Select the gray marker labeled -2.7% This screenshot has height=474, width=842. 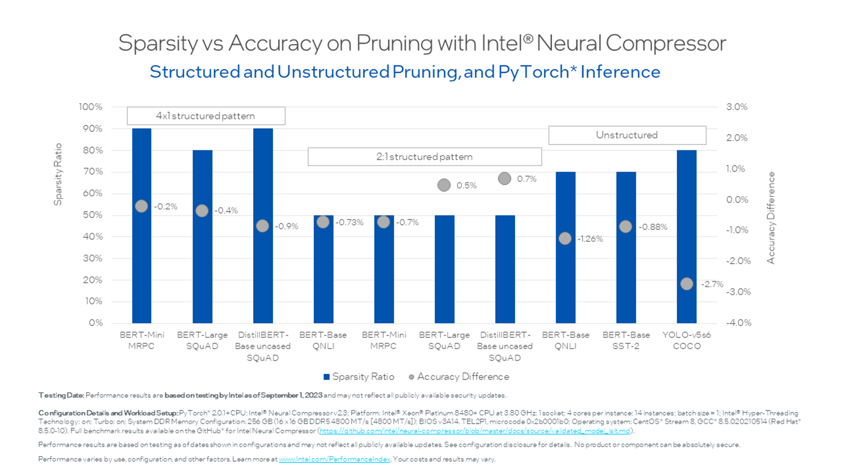coord(687,284)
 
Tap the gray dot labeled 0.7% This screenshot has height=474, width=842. coord(504,179)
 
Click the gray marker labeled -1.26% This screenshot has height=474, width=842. coord(565,238)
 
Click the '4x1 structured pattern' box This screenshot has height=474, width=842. coord(206,116)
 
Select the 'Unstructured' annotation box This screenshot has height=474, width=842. coord(627,135)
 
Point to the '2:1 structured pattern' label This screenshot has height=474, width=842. coord(424,157)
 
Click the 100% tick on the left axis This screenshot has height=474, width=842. coord(90,107)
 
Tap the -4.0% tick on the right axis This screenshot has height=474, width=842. coord(739,323)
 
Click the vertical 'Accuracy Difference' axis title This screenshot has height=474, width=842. coord(771,218)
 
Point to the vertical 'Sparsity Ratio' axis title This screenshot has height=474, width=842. coord(58,174)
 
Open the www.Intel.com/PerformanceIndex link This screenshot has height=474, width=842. coord(334,459)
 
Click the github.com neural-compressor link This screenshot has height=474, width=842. coord(475,431)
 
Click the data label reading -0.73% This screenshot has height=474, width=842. coord(350,223)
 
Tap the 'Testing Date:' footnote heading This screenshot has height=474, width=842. coord(61,395)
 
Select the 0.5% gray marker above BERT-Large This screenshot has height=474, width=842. coord(444,185)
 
